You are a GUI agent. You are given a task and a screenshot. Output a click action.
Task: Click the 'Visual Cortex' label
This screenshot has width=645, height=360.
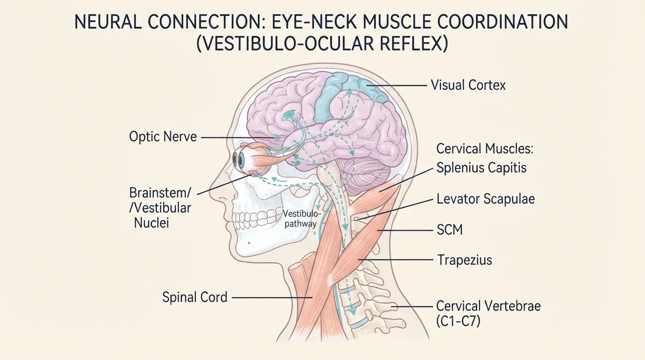pos(468,85)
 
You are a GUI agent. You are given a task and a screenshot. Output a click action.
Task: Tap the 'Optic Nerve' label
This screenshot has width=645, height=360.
pos(163,137)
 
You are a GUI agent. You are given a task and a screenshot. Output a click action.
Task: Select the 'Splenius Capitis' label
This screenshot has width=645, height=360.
pos(481,167)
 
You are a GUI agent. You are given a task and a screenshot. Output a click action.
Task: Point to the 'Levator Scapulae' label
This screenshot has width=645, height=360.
pos(486,199)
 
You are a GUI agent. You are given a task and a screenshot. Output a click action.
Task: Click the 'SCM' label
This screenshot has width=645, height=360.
pos(449,230)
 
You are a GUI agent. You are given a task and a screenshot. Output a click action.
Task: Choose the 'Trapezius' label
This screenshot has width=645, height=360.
pos(465,260)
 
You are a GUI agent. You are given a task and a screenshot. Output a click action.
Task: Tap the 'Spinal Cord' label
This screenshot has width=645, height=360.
pos(195,297)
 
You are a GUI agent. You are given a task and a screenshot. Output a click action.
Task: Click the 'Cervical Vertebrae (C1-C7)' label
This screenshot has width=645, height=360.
pos(488,314)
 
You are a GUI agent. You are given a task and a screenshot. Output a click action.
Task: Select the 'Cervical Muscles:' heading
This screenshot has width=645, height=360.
pos(485,149)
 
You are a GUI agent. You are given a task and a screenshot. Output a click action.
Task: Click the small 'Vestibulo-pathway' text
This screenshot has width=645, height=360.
pos(301,219)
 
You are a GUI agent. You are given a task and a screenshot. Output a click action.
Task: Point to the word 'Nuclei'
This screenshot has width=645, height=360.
pos(152,223)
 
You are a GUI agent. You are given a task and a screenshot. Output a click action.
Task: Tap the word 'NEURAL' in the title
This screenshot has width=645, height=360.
pos(108,22)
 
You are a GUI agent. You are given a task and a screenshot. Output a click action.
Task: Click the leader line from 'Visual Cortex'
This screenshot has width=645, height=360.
pos(396,86)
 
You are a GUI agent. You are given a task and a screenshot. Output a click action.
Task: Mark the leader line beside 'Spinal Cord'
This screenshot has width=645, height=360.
pos(272,297)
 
